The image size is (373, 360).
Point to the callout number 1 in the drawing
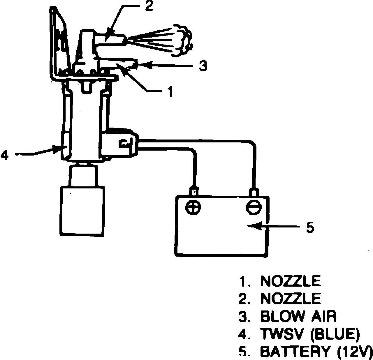[170, 91]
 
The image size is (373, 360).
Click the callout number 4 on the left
[5, 154]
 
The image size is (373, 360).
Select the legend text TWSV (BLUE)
[309, 334]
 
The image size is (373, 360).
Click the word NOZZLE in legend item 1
[290, 281]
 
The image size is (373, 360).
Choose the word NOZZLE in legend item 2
[290, 299]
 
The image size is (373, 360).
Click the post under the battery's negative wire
[254, 192]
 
